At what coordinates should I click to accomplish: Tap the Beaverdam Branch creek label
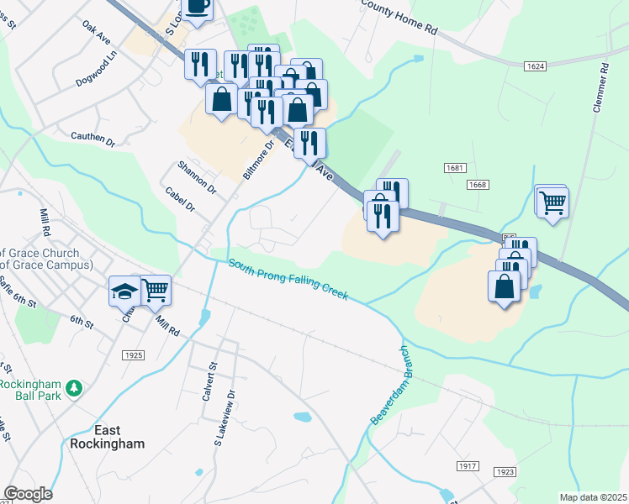388,385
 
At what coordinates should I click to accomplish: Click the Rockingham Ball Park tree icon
75,387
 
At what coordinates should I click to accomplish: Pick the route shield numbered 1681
456,168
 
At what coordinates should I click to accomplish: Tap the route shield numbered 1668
478,184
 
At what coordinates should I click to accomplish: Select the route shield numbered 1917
468,465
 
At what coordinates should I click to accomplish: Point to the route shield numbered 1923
505,472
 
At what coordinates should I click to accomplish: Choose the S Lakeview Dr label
220,412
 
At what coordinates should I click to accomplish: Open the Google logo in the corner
28,494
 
